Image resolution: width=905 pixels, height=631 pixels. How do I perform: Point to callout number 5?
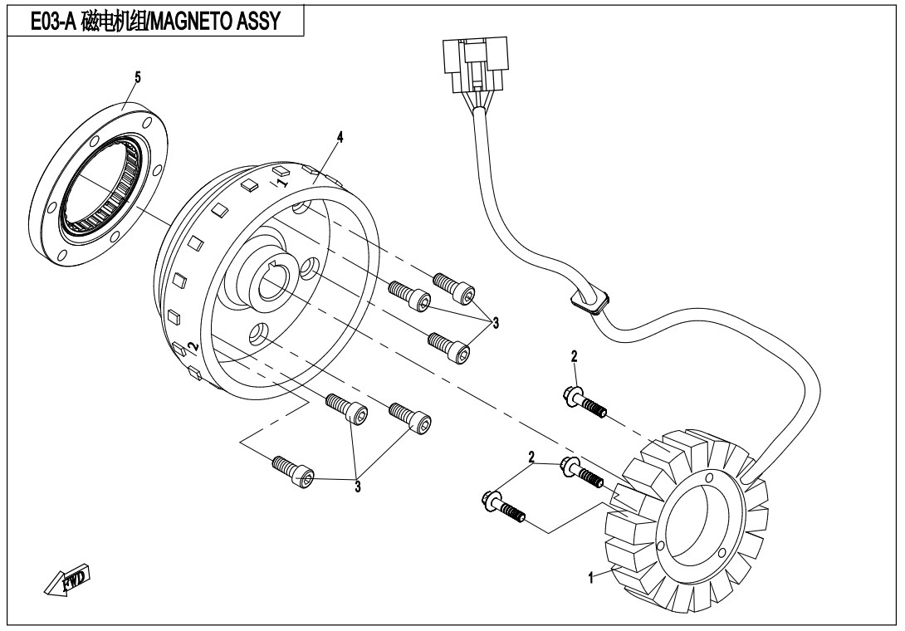138,76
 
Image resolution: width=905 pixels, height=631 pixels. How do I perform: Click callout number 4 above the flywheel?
340,136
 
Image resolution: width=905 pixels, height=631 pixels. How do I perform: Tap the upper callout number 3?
496,322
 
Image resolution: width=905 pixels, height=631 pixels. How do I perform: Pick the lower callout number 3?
358,487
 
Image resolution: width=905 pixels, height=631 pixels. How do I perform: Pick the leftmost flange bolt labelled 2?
501,506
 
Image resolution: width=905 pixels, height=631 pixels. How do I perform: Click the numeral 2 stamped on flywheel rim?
192,345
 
